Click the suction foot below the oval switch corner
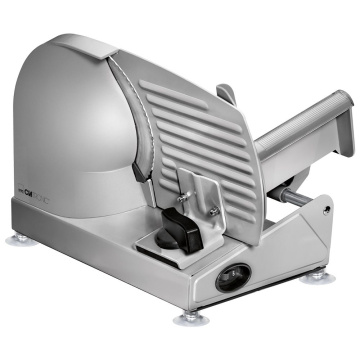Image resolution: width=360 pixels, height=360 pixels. point(189,318)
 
